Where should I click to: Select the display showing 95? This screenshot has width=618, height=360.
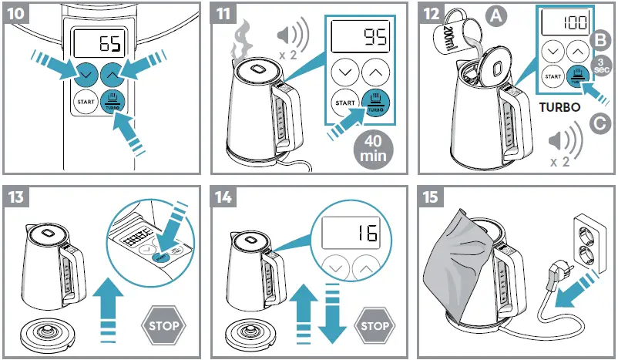pyautogui.click(x=361, y=37)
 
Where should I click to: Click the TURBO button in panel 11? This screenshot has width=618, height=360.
pyautogui.click(x=376, y=101)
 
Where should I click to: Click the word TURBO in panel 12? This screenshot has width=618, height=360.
pyautogui.click(x=560, y=108)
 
